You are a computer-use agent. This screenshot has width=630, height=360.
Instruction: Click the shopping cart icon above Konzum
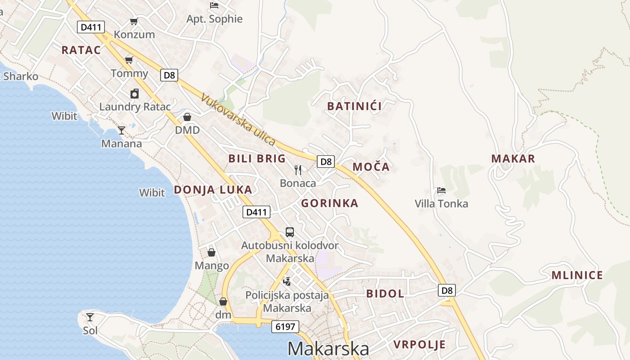[x=134, y=21]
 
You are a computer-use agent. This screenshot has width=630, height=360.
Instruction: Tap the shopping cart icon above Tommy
[x=129, y=60]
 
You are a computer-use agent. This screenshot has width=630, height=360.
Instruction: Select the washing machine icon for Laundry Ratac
[x=135, y=94]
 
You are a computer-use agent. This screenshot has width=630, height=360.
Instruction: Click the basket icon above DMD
[x=187, y=117]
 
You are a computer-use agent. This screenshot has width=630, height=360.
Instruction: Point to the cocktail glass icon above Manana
[x=121, y=130]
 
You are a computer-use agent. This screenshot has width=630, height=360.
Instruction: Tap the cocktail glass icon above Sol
[x=90, y=317]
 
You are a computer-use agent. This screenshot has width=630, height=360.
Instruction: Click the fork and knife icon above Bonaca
[x=297, y=170]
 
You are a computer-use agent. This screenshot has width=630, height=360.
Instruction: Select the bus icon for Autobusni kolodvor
[x=290, y=232]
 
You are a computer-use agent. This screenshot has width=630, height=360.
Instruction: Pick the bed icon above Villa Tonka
[x=441, y=190]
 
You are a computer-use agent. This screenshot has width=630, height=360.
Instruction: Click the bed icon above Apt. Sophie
[x=214, y=5]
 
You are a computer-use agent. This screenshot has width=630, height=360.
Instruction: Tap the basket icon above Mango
[x=211, y=252]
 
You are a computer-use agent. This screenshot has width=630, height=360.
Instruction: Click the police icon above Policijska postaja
[x=287, y=282]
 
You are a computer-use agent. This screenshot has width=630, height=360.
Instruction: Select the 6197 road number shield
[x=285, y=327]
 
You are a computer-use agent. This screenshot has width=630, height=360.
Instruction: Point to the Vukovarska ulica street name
[x=238, y=119]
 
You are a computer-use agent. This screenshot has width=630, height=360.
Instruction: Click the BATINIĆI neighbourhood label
[x=355, y=106]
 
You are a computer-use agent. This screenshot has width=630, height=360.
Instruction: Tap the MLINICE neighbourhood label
[x=577, y=275]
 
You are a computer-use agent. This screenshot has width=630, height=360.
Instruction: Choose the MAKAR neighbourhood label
[x=513, y=158]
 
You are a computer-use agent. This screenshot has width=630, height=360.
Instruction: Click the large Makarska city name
[x=328, y=348]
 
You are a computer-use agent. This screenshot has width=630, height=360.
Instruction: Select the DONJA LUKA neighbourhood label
[x=213, y=189]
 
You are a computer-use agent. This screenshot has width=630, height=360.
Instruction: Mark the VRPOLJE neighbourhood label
[x=419, y=345]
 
